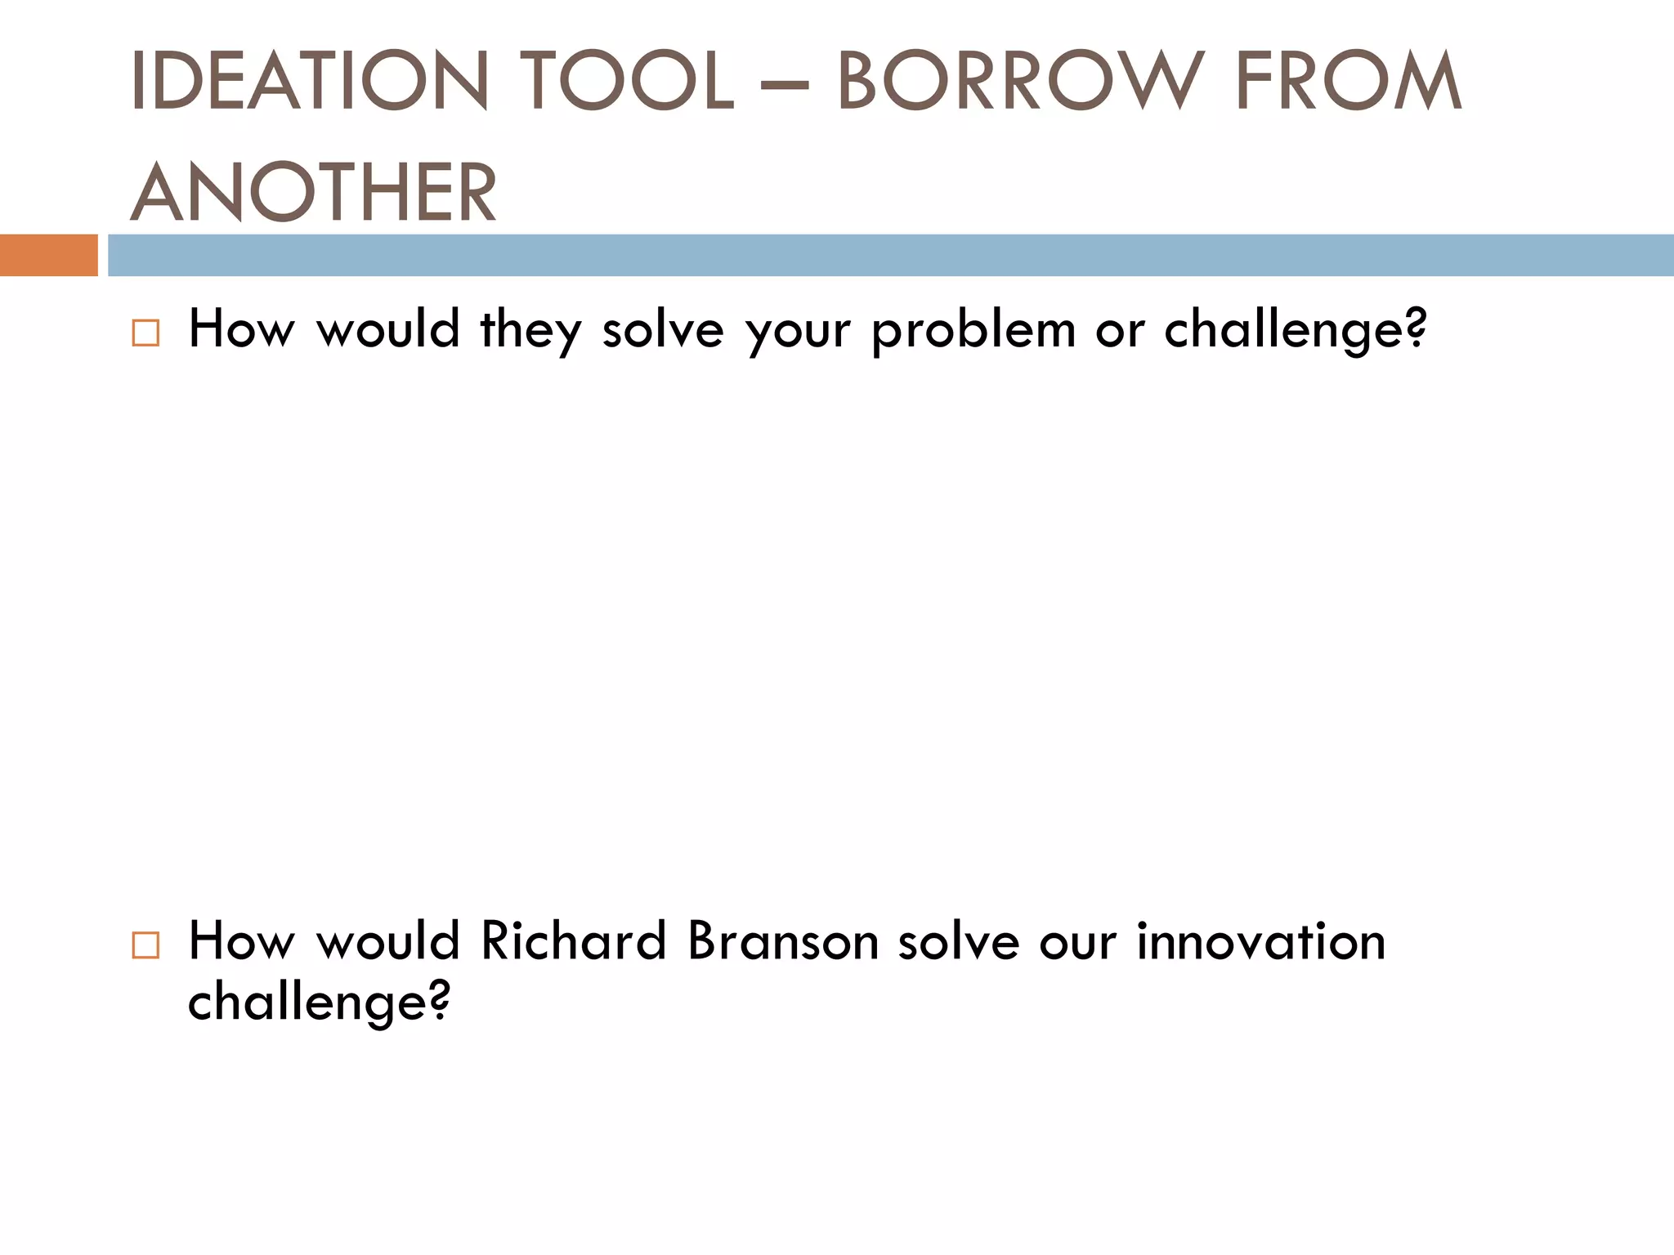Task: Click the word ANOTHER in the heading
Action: point(314,193)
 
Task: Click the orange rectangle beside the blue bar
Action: point(49,255)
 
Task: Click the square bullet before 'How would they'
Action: point(145,333)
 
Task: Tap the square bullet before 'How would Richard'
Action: point(145,945)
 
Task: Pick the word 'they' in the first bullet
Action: point(530,330)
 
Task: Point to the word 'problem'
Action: point(974,332)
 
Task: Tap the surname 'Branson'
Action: point(783,941)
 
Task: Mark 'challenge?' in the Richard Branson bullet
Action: point(319,1002)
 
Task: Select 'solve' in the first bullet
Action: point(663,330)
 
